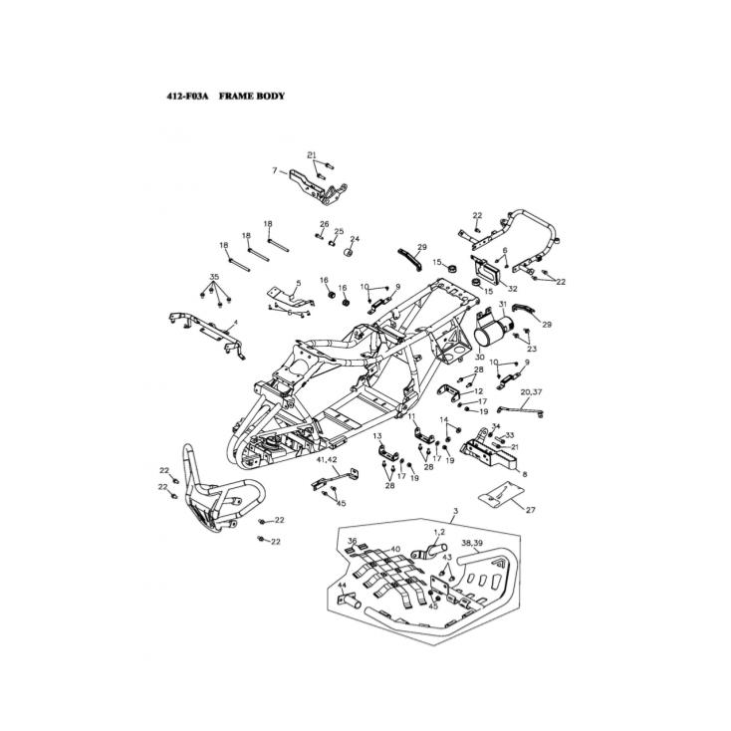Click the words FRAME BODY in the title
(252, 97)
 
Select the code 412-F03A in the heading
(187, 97)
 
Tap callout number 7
(273, 172)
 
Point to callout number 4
(235, 323)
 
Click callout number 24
(354, 239)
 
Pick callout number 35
(214, 275)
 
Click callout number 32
(513, 289)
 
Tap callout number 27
(531, 510)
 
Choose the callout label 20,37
(531, 393)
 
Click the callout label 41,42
(327, 460)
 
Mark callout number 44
(342, 586)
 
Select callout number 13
(377, 436)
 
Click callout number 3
(455, 511)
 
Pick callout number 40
(395, 549)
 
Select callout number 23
(533, 349)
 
